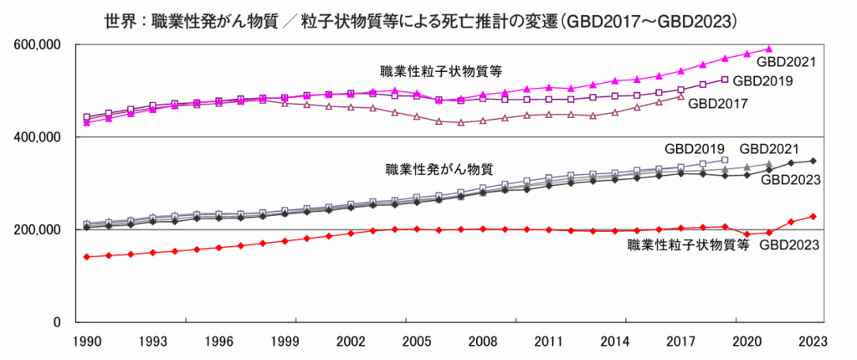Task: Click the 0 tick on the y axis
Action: pos(57,322)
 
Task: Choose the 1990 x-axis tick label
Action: pos(87,342)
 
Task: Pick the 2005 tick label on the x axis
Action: pos(416,342)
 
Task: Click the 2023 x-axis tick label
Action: pos(813,342)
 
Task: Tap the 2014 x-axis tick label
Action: pos(613,342)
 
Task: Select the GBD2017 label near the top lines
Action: pos(716,103)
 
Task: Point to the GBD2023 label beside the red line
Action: pos(788,244)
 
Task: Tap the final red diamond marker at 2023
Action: pos(813,217)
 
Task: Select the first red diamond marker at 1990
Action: pos(87,257)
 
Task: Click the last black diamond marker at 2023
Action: pos(813,161)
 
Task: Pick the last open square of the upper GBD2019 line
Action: pos(725,80)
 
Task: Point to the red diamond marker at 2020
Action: pos(747,234)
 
